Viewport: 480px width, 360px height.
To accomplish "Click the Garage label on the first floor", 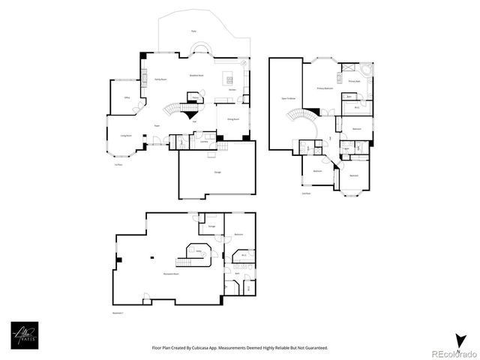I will (217, 172).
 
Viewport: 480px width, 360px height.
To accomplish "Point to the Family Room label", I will (160, 79).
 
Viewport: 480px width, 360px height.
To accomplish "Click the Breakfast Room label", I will (196, 76).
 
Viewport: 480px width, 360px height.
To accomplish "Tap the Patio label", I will (193, 31).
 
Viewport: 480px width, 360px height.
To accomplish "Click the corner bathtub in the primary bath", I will (365, 69).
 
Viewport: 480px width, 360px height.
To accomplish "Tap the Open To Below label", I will (288, 98).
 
